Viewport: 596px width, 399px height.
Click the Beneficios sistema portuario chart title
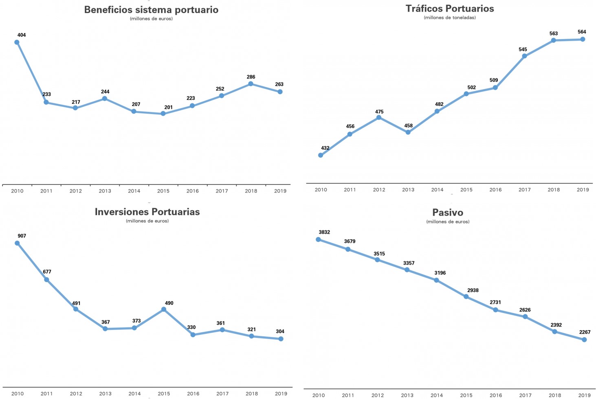[x=151, y=10]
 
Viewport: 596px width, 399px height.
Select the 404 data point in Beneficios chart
[x=17, y=42]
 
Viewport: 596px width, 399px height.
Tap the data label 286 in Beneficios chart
[x=251, y=77]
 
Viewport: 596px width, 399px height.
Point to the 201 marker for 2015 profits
[x=163, y=114]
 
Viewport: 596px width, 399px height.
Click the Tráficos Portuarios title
[x=450, y=9]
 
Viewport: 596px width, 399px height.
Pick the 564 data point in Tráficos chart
[x=583, y=39]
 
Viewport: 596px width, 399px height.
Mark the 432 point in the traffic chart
[x=321, y=155]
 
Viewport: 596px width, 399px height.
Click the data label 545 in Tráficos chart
[x=523, y=50]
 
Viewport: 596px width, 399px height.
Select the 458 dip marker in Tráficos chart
[x=408, y=132]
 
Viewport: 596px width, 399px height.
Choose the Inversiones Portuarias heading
[x=147, y=212]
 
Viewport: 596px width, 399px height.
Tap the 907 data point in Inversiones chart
[x=17, y=243]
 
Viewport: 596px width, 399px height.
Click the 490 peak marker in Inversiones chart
[x=164, y=309]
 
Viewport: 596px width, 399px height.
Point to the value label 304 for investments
[x=280, y=331]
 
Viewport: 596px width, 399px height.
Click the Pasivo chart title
[x=448, y=213]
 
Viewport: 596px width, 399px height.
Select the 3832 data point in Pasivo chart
[x=318, y=239]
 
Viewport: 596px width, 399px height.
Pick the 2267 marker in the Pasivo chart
[x=584, y=340]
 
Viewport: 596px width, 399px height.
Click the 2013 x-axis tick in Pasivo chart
[x=407, y=395]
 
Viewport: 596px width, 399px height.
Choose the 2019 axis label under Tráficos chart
[x=583, y=190]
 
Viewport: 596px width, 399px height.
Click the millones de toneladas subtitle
[x=450, y=18]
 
